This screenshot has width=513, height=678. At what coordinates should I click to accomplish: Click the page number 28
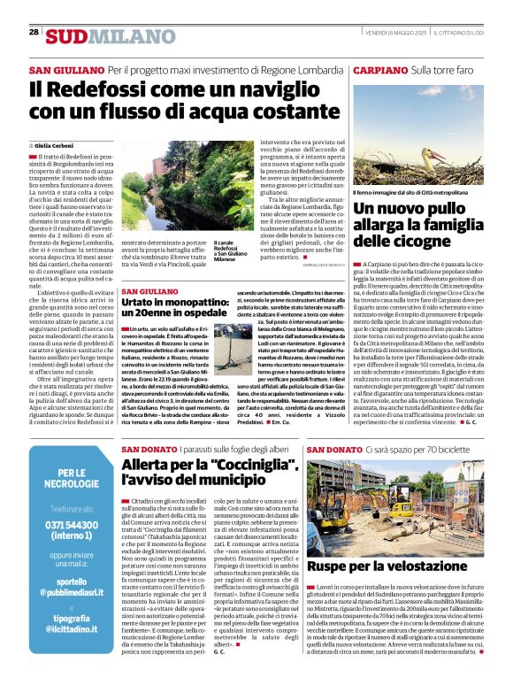pyautogui.click(x=34, y=32)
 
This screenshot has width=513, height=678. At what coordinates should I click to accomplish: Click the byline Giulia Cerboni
pyautogui.click(x=55, y=145)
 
